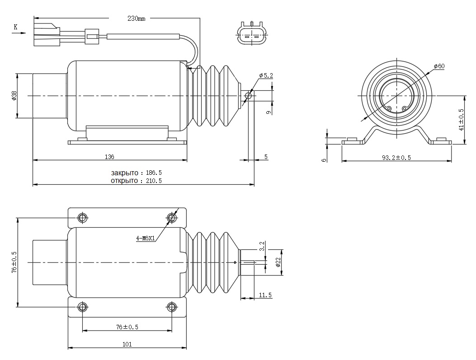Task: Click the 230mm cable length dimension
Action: (x=137, y=19)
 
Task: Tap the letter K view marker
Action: (x=15, y=27)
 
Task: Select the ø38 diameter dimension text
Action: (x=14, y=96)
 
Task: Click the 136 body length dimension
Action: (x=109, y=157)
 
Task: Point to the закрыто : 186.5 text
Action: (x=136, y=173)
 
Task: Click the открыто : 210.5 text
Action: (x=136, y=181)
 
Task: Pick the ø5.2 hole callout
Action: (x=266, y=75)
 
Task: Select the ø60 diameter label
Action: (x=439, y=66)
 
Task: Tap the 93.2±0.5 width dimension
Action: (x=396, y=158)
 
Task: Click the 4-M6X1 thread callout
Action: (x=145, y=238)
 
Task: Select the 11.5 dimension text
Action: (x=265, y=295)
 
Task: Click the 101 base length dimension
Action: (x=127, y=344)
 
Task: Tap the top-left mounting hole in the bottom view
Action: (x=82, y=218)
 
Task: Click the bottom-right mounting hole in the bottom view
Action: (x=171, y=307)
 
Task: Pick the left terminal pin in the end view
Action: (x=389, y=108)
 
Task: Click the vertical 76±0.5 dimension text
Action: (x=14, y=262)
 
